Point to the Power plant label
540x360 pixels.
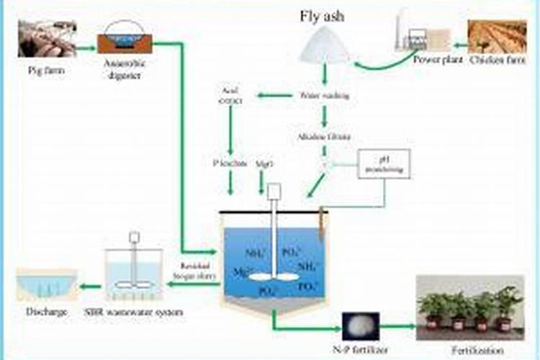pos(435,60)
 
